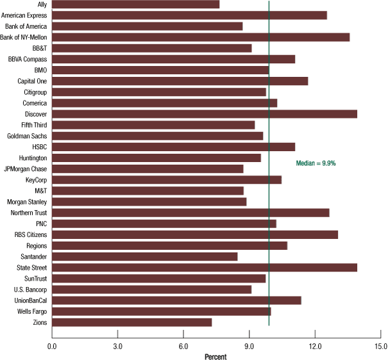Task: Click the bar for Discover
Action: pos(204,114)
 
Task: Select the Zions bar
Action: pos(131,322)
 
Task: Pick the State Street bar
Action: pos(204,267)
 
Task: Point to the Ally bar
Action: pos(135,4)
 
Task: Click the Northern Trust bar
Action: pos(190,213)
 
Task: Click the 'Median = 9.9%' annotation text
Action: pos(316,163)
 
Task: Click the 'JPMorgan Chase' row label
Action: pos(25,169)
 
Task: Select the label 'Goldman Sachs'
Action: pos(27,136)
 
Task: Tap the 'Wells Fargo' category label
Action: pos(30,311)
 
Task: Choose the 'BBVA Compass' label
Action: pos(28,59)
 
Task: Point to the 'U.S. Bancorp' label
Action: pos(30,289)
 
